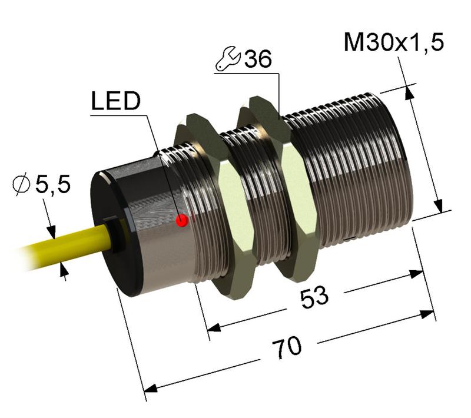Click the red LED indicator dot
183,221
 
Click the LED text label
116,102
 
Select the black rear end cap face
109,235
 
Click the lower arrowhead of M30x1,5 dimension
439,206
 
